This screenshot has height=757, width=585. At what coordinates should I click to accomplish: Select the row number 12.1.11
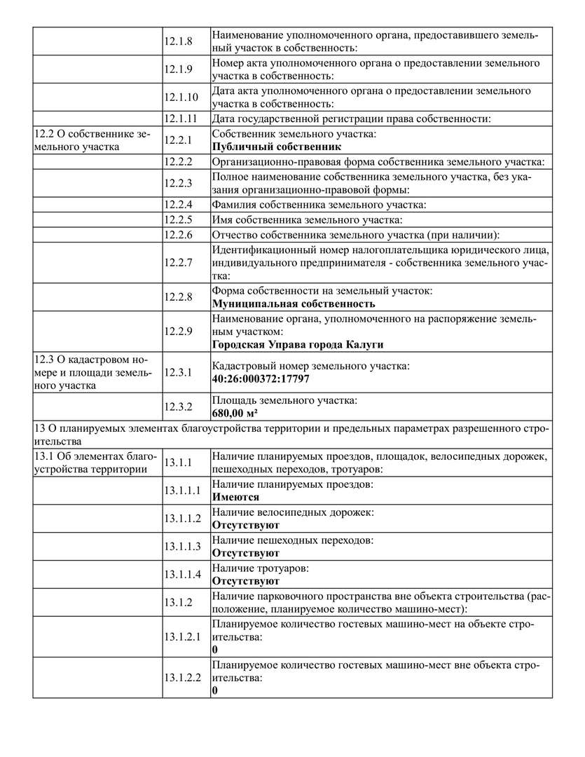[x=181, y=118]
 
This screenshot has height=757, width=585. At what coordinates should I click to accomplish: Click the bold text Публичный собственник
[x=276, y=146]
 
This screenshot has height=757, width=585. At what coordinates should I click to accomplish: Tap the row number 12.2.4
[x=178, y=205]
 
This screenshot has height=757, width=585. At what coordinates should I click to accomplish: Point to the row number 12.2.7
[x=178, y=262]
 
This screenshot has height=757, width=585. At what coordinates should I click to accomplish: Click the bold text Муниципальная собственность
[x=294, y=304]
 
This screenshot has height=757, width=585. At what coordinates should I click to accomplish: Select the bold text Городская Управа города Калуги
[x=298, y=344]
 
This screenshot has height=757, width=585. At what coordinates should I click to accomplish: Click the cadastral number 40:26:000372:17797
[x=260, y=378]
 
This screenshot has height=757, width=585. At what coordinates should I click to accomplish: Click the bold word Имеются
[x=235, y=497]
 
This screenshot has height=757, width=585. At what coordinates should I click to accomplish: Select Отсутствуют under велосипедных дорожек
[x=246, y=525]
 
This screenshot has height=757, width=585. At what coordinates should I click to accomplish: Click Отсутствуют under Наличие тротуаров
[x=246, y=581]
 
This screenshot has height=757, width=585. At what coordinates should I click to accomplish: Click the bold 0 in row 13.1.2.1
[x=214, y=650]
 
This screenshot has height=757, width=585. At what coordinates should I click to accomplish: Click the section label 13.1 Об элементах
[x=90, y=463]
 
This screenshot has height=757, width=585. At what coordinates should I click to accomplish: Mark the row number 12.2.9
[x=178, y=331]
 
